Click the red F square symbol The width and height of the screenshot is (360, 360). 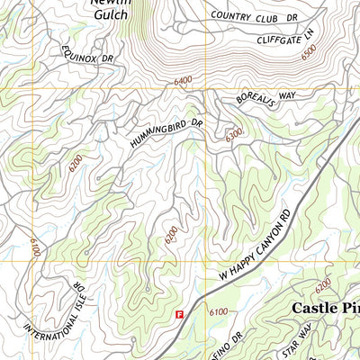179,315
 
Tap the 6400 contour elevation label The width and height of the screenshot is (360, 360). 184,81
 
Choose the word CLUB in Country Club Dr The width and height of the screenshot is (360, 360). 265,16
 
